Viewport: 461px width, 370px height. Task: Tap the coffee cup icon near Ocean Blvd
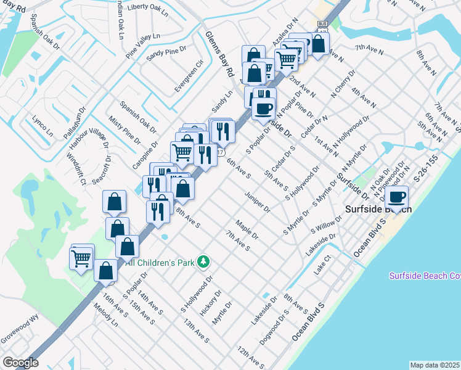(x=397, y=197)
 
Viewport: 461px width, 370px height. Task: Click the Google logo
(x=20, y=363)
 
